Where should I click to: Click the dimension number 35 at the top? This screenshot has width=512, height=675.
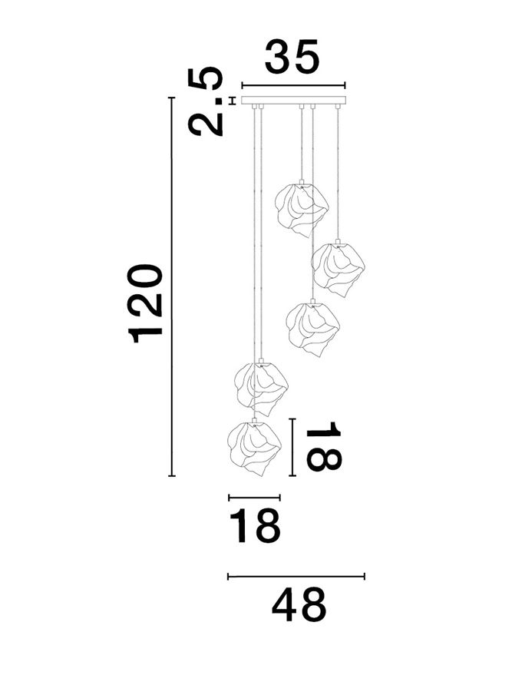(292, 56)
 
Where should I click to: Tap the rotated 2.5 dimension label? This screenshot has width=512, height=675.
(206, 101)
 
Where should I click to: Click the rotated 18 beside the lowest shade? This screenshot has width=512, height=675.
(323, 446)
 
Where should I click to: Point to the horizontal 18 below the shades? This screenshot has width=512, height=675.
(255, 526)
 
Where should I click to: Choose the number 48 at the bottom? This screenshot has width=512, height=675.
(299, 606)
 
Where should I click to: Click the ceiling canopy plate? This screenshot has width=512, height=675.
(294, 101)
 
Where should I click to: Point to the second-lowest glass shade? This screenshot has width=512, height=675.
(261, 389)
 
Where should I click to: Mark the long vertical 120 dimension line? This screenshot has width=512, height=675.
(172, 286)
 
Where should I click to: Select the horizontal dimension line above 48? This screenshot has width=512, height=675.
(296, 576)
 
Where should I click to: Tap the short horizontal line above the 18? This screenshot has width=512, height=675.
(254, 498)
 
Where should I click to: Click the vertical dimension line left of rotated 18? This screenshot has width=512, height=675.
(292, 447)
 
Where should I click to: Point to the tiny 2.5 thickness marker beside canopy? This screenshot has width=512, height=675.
(233, 101)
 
